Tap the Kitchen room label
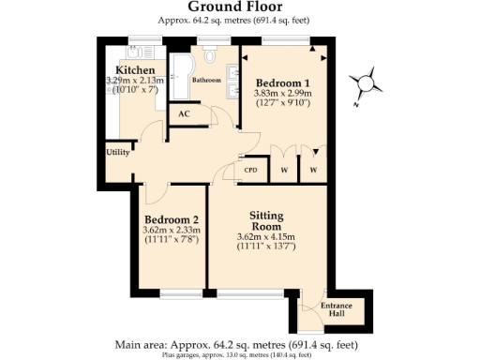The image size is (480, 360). pyautogui.click(x=135, y=71)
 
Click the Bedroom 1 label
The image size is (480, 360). pyautogui.click(x=283, y=83)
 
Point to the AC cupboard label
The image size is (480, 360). pyautogui.click(x=184, y=114)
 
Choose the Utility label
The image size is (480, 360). pyautogui.click(x=118, y=152)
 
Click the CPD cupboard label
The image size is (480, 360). pyautogui.click(x=250, y=171)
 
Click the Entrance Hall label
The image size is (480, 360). pyautogui.click(x=337, y=309)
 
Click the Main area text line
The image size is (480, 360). pyautogui.click(x=239, y=344)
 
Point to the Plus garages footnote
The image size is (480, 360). pyautogui.click(x=239, y=354)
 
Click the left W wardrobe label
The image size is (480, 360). pyautogui.click(x=283, y=171)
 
